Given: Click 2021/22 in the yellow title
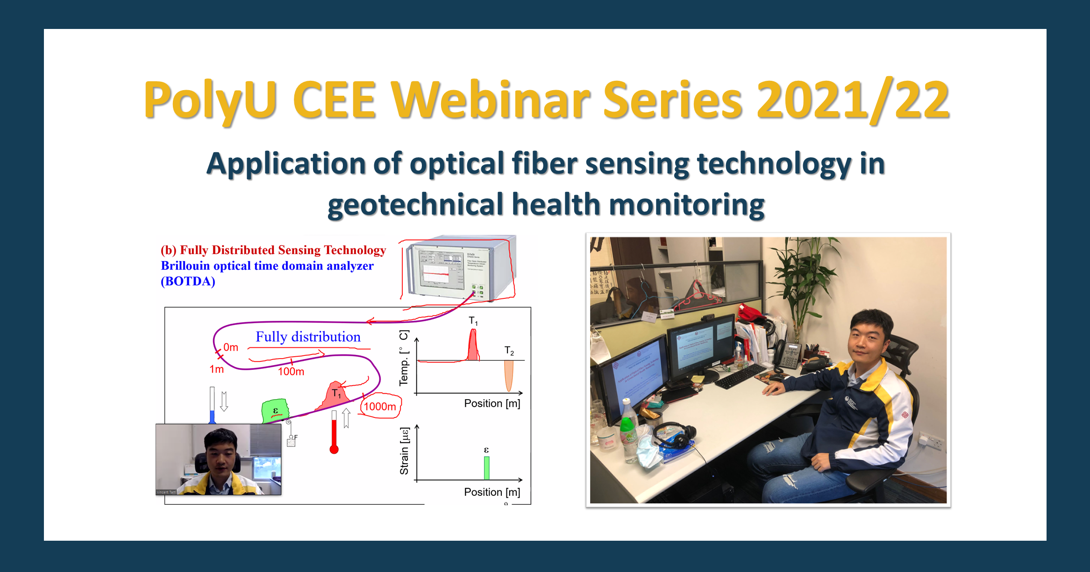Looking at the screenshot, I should (x=852, y=99).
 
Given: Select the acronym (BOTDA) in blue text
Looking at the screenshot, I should (x=188, y=282).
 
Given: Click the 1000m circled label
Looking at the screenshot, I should (x=380, y=406).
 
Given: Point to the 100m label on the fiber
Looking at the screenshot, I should (x=291, y=372).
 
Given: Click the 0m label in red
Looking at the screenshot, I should (x=231, y=347).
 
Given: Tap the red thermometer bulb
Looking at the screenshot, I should (x=334, y=450).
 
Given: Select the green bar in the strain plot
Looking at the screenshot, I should (x=486, y=468).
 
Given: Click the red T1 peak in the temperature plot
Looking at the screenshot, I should (x=473, y=346).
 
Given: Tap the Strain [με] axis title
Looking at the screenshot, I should (x=404, y=451).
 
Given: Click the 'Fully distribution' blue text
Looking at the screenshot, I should (x=308, y=337).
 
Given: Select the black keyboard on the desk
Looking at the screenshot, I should (x=740, y=376).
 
